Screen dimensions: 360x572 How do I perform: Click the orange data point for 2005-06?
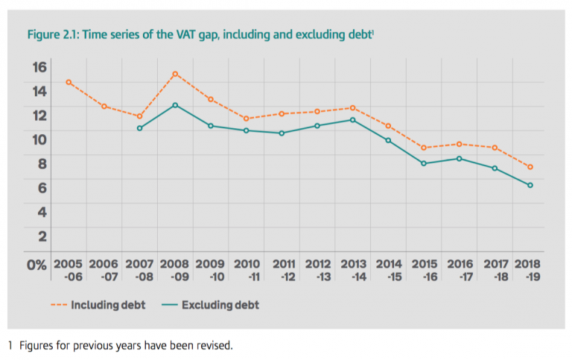click(x=69, y=82)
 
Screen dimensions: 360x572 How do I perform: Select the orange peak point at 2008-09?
click(x=175, y=74)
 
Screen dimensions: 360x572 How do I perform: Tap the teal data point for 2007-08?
click(x=140, y=128)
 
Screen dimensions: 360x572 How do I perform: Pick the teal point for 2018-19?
click(x=530, y=185)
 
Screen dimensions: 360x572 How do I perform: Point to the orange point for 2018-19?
click(x=530, y=167)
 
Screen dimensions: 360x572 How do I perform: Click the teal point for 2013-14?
click(x=352, y=120)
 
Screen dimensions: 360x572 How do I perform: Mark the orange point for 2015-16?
click(x=423, y=148)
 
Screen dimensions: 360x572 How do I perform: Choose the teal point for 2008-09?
click(x=175, y=105)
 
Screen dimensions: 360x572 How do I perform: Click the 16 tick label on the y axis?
click(x=38, y=66)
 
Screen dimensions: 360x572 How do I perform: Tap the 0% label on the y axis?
click(x=36, y=265)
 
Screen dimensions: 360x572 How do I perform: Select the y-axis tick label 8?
click(x=42, y=164)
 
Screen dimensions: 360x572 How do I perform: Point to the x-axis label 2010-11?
click(x=247, y=270)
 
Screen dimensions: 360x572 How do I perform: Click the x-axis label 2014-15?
click(x=388, y=270)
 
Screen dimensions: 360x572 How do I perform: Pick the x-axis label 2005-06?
click(x=69, y=270)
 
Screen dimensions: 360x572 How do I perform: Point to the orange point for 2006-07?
click(x=104, y=107)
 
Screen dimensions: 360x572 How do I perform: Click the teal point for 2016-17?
click(x=459, y=158)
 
